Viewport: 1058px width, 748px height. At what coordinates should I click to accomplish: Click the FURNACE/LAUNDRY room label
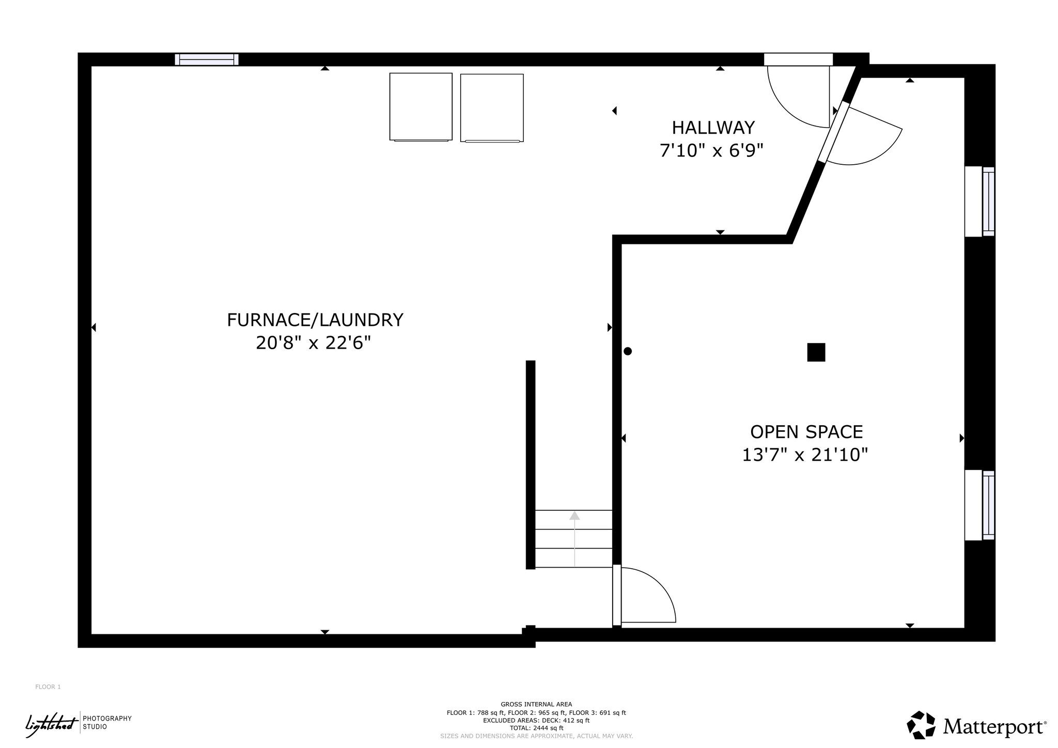click(x=315, y=320)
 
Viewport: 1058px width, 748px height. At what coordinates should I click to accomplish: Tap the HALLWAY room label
click(x=713, y=128)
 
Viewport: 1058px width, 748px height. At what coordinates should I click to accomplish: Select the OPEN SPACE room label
click(x=806, y=432)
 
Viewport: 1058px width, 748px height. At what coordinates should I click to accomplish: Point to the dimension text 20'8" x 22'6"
click(x=314, y=342)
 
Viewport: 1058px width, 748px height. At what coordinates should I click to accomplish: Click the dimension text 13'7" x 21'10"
click(x=805, y=455)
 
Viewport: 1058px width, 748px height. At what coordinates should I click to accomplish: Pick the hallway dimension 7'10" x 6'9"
click(x=711, y=150)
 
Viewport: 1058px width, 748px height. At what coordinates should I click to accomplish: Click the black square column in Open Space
click(x=816, y=352)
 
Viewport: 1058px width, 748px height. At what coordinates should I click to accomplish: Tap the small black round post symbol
click(x=628, y=351)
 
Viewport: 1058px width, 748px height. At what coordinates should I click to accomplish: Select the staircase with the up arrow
click(x=574, y=539)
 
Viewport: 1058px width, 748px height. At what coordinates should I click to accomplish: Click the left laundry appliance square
click(x=421, y=107)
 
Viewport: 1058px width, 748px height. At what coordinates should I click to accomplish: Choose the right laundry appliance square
click(x=492, y=108)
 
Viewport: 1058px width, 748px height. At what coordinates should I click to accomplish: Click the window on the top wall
click(x=207, y=59)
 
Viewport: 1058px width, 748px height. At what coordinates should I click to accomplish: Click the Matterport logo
click(x=977, y=725)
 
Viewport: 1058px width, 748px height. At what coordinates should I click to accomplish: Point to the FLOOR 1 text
click(x=48, y=687)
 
